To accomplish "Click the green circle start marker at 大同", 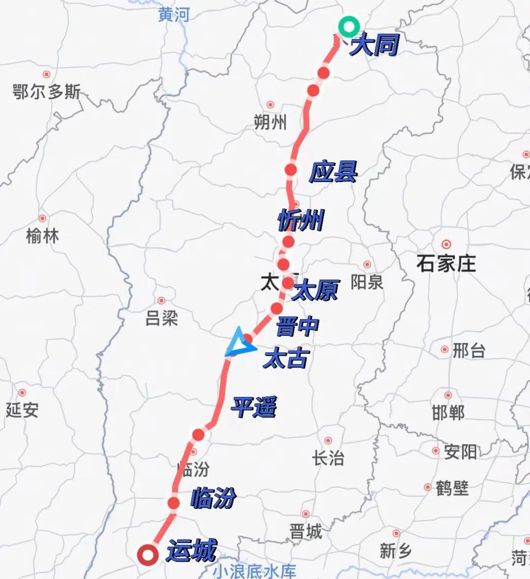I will click(x=349, y=26).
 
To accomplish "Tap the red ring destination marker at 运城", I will click(x=147, y=556).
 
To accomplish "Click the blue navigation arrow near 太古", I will click(x=239, y=342).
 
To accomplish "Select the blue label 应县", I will click(x=333, y=172).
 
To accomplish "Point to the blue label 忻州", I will click(x=300, y=220).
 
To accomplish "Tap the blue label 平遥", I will click(x=254, y=407).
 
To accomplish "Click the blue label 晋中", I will click(x=297, y=326).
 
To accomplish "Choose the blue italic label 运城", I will click(x=191, y=551).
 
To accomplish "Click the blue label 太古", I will click(x=286, y=359).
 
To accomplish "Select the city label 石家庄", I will click(x=446, y=264).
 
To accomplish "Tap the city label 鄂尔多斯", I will click(x=47, y=92).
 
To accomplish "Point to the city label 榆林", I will click(x=42, y=237).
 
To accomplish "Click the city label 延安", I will click(x=22, y=410).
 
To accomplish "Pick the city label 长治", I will click(x=328, y=458).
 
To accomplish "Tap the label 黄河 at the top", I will click(x=174, y=15).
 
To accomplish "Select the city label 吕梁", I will click(x=161, y=319).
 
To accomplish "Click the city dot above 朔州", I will click(x=270, y=105).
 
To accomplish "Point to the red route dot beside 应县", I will click(x=291, y=170).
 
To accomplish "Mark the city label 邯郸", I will click(x=448, y=413).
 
